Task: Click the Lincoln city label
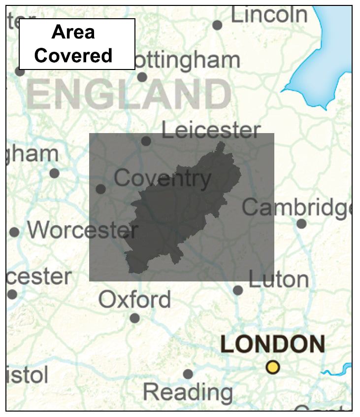tap(269, 15)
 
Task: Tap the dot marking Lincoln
tap(217, 25)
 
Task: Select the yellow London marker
tap(272, 367)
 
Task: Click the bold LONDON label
tap(272, 344)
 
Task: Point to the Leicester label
tap(211, 131)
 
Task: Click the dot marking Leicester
tap(146, 141)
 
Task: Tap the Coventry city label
tap(163, 178)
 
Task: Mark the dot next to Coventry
tap(100, 189)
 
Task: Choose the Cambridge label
tap(296, 208)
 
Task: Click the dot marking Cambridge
tap(301, 224)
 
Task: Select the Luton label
tap(278, 279)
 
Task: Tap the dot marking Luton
tap(238, 290)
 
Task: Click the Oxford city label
tap(134, 300)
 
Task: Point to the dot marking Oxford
tap(134, 318)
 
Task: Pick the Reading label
tap(188, 392)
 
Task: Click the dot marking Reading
tap(188, 374)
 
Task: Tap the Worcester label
tap(82, 230)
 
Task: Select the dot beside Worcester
tap(14, 232)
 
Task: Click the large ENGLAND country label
tap(129, 95)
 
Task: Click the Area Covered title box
tap(77, 44)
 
